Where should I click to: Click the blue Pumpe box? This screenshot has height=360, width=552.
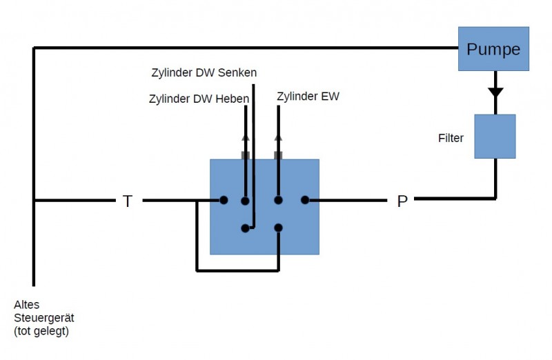pyautogui.click(x=493, y=48)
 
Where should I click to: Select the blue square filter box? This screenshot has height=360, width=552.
pyautogui.click(x=495, y=137)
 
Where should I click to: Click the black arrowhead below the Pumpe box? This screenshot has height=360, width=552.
pyautogui.click(x=495, y=92)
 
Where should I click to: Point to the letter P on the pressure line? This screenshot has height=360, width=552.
pyautogui.click(x=402, y=201)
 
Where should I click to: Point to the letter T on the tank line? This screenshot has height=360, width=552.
pyautogui.click(x=127, y=201)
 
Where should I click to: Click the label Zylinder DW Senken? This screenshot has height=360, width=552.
pyautogui.click(x=204, y=72)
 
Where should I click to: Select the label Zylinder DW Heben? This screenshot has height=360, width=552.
pyautogui.click(x=199, y=99)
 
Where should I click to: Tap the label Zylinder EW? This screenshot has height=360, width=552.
pyautogui.click(x=308, y=96)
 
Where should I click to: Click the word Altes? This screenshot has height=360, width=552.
pyautogui.click(x=27, y=304)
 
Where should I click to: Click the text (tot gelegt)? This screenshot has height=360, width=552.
pyautogui.click(x=41, y=331)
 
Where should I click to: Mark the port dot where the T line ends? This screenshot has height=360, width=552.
pyautogui.click(x=224, y=201)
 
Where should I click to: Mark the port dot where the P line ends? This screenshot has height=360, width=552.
pyautogui.click(x=304, y=201)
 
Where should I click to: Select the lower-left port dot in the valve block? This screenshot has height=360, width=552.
pyautogui.click(x=245, y=228)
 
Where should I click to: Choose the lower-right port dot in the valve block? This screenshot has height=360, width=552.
pyautogui.click(x=279, y=228)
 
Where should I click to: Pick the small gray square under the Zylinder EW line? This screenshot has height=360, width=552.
pyautogui.click(x=279, y=155)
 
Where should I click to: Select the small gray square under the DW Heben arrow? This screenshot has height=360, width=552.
pyautogui.click(x=245, y=155)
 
